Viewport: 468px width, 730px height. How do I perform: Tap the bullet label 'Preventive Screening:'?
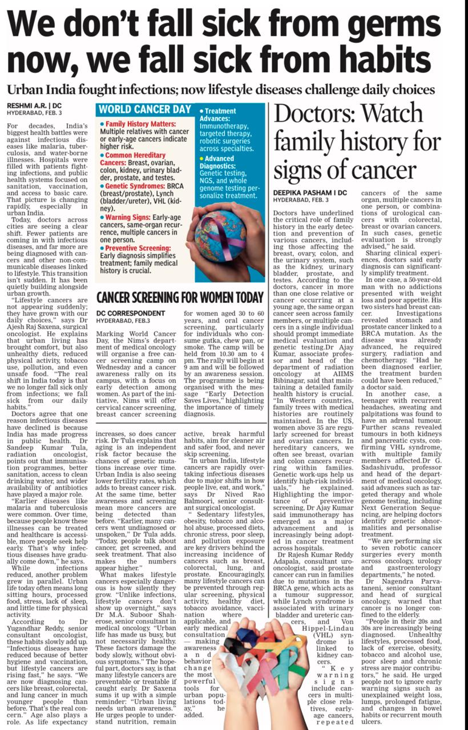coord(138,248)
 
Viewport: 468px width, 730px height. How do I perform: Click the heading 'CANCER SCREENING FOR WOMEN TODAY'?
coord(180,297)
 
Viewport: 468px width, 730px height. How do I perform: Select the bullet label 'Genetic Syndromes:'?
coord(134,185)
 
